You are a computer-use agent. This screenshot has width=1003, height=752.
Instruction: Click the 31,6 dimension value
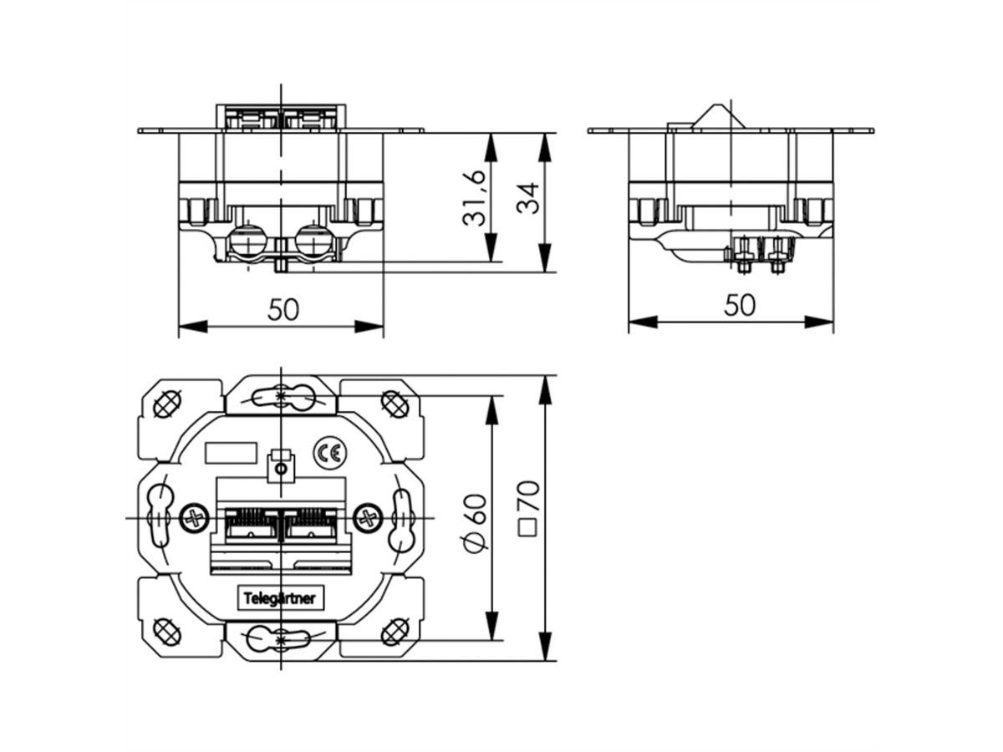tap(473, 198)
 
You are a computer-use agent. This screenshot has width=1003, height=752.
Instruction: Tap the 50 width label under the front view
tap(283, 310)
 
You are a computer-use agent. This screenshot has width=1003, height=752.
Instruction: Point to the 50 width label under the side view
tap(739, 306)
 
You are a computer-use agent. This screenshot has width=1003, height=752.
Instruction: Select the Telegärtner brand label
tap(279, 599)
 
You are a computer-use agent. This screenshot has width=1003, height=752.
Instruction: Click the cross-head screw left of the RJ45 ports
tap(195, 517)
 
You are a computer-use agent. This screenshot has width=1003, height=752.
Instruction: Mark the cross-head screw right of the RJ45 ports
tap(367, 517)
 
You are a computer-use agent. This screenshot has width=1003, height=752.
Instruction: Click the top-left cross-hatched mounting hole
tap(167, 404)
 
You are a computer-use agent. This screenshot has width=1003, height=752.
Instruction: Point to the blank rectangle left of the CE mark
tap(231, 452)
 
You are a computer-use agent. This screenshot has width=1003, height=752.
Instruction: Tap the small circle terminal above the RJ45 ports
tap(281, 470)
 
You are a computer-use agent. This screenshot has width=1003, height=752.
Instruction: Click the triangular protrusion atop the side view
tap(716, 117)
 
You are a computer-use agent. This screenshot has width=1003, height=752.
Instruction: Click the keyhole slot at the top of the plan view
tap(280, 396)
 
